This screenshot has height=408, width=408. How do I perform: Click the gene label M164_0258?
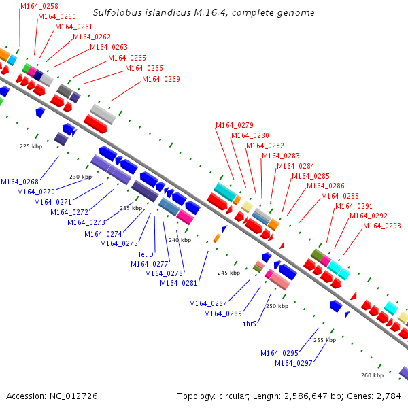(39, 6)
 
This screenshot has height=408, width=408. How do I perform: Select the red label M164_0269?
(161, 80)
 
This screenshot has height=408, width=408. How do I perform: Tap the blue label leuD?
(146, 254)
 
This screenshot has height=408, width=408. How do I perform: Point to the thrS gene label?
(250, 324)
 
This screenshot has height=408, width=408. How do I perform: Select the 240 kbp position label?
(180, 240)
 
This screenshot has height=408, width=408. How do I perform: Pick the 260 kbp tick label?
(372, 375)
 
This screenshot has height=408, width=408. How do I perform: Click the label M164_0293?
(382, 226)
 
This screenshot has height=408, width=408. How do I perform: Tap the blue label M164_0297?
(294, 363)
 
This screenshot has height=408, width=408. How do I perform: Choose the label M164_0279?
(235, 125)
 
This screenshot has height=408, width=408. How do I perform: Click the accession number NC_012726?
(70, 396)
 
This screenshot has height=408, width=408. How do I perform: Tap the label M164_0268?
(19, 182)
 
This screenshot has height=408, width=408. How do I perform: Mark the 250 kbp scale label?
(277, 306)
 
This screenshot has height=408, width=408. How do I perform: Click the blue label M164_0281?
(179, 284)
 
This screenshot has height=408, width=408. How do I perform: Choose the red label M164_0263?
(109, 48)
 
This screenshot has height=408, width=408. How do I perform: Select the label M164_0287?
(208, 303)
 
